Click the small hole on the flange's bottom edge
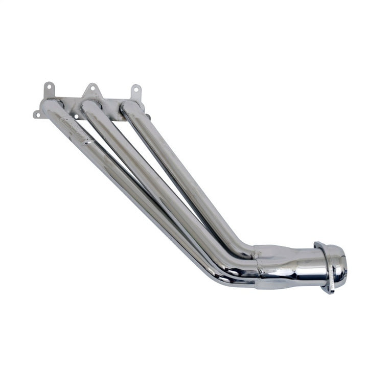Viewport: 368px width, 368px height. (76, 117)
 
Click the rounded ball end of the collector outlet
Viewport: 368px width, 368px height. (338, 266)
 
